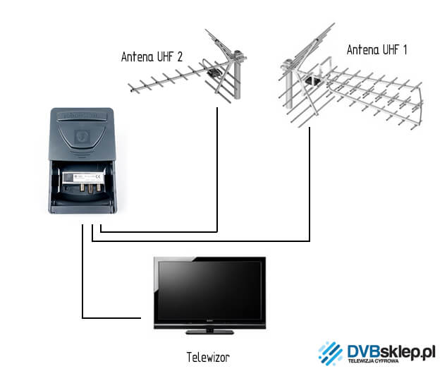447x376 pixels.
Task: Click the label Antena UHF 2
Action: tap(152, 57)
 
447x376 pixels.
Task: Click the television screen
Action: tap(210, 291)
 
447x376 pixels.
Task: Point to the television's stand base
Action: tap(210, 331)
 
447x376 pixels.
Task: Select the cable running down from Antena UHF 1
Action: tap(310, 190)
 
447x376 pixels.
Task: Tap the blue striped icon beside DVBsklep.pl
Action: tap(330, 353)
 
